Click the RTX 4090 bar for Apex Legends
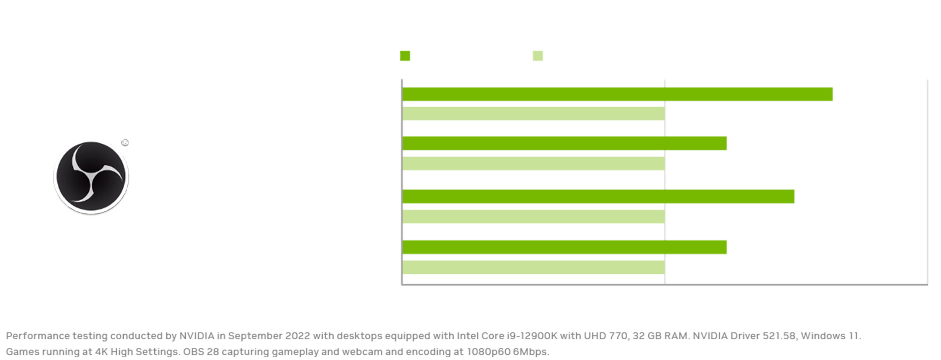(x=617, y=94)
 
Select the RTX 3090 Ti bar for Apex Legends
(x=533, y=114)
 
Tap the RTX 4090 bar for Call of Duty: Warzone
(x=565, y=144)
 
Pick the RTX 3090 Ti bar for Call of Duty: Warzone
(x=533, y=163)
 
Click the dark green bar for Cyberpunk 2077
(x=598, y=196)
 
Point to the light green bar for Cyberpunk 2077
(x=533, y=216)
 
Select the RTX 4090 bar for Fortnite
(x=565, y=247)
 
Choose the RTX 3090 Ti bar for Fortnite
(x=533, y=267)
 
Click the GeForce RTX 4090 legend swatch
(x=405, y=56)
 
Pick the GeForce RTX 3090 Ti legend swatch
(x=538, y=56)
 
